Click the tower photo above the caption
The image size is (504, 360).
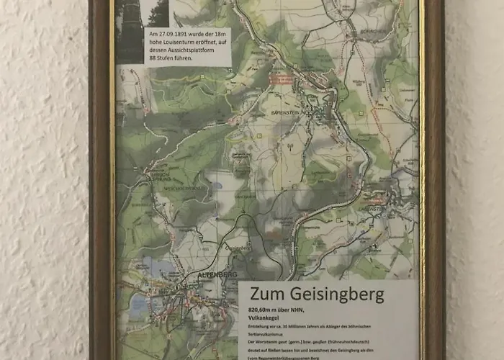tap(130, 29)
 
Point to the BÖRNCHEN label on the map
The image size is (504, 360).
tap(361, 32)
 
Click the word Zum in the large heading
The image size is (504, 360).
tap(266, 294)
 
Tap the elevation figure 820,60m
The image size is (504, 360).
tap(264, 312)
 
